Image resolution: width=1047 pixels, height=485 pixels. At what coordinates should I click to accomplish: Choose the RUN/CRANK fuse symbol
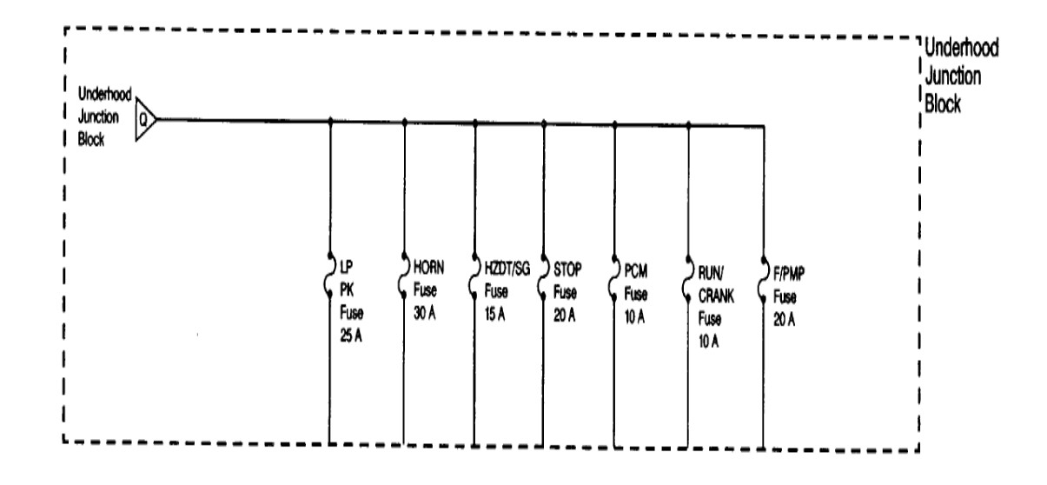689,278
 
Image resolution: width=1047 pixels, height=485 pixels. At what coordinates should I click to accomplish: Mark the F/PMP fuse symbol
764,278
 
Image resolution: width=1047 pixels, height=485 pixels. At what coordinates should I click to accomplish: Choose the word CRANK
717,296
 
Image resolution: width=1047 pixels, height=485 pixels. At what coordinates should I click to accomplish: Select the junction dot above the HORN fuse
405,123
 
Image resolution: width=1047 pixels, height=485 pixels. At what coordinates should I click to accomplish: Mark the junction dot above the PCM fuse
615,123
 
